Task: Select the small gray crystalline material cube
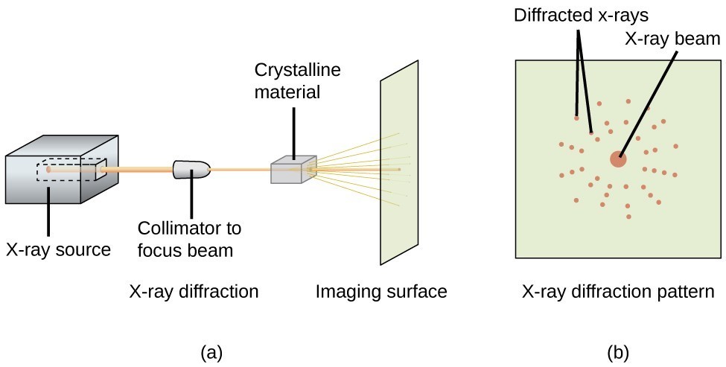[293, 171]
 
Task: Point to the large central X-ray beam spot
[618, 159]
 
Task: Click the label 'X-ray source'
[58, 250]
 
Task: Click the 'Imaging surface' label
[381, 291]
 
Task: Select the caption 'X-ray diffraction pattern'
[618, 291]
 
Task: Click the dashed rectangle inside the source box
[71, 170]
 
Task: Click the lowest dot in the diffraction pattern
[629, 217]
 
